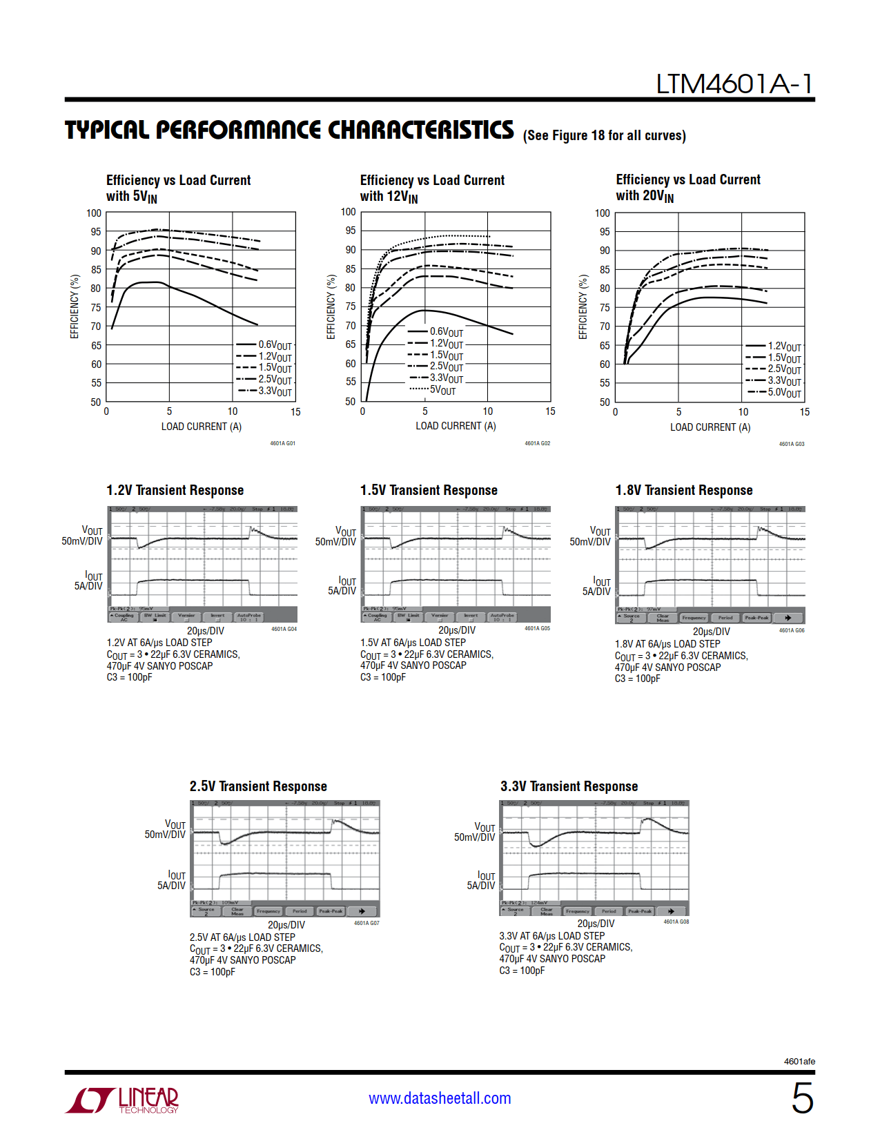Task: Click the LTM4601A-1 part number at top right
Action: (x=734, y=84)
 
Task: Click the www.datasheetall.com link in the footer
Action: (x=440, y=1098)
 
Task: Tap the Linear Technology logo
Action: (x=122, y=1100)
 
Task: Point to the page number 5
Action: (x=802, y=1098)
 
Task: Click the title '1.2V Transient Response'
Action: (x=175, y=490)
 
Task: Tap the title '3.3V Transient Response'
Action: (x=569, y=786)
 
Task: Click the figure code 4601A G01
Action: (x=282, y=443)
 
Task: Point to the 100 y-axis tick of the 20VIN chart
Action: (x=603, y=213)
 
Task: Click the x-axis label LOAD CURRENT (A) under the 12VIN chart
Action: (x=456, y=426)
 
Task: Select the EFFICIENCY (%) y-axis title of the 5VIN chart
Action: (x=75, y=306)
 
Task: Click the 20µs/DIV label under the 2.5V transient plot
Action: (x=286, y=925)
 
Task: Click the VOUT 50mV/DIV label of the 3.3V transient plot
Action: (x=476, y=832)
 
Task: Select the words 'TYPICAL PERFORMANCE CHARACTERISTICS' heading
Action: (x=289, y=130)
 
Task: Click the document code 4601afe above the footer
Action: (x=799, y=1061)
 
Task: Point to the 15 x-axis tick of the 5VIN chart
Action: (x=295, y=412)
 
